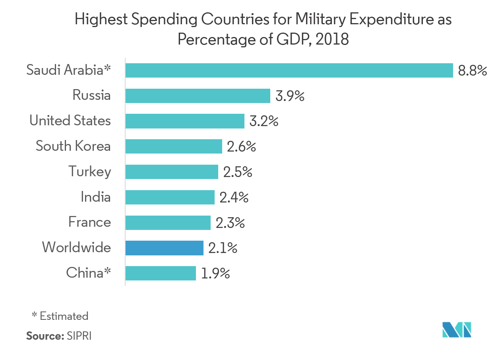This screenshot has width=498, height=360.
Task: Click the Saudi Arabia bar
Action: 289,70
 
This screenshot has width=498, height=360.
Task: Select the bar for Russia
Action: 198,96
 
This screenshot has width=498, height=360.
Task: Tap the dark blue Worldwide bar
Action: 164,248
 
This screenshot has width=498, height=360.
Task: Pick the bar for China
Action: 161,273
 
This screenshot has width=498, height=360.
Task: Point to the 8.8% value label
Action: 472,71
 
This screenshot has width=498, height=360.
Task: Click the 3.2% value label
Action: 264,121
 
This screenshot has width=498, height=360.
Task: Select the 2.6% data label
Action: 241,147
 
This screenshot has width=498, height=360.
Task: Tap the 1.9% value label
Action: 215,274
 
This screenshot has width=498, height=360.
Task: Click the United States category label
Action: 70,121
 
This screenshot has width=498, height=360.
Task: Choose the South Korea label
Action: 73,146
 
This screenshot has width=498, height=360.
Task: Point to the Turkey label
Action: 89,172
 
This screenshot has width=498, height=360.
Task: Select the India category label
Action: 95,197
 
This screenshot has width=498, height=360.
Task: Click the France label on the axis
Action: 89,222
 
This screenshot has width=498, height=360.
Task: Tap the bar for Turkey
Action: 172,172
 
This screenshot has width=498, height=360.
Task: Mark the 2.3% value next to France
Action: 230,223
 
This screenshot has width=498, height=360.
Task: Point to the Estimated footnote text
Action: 64,316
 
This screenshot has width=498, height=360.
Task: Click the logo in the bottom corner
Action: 457,329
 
